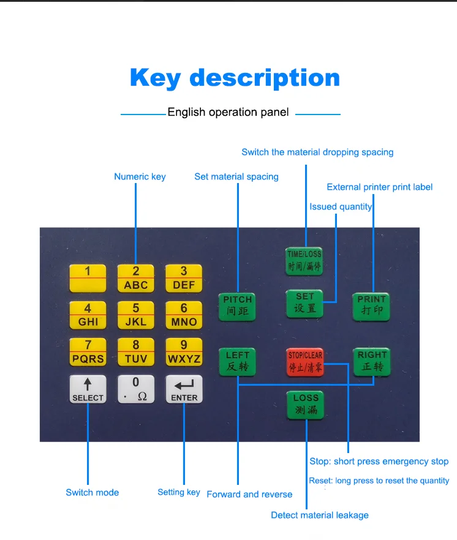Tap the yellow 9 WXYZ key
click(x=184, y=352)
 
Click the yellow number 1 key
click(x=88, y=279)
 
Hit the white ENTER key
click(x=184, y=389)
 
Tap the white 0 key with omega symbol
click(x=136, y=389)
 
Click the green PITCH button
click(x=237, y=307)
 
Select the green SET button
click(x=304, y=304)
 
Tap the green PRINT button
click(x=371, y=307)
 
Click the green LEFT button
click(x=238, y=362)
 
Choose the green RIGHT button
click(x=372, y=362)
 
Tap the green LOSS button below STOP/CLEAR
click(x=305, y=405)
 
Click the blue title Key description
click(x=235, y=78)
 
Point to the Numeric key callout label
click(x=140, y=177)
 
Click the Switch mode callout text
click(x=93, y=492)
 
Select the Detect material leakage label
click(x=320, y=516)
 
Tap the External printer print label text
click(x=379, y=187)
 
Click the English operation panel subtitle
click(x=228, y=112)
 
